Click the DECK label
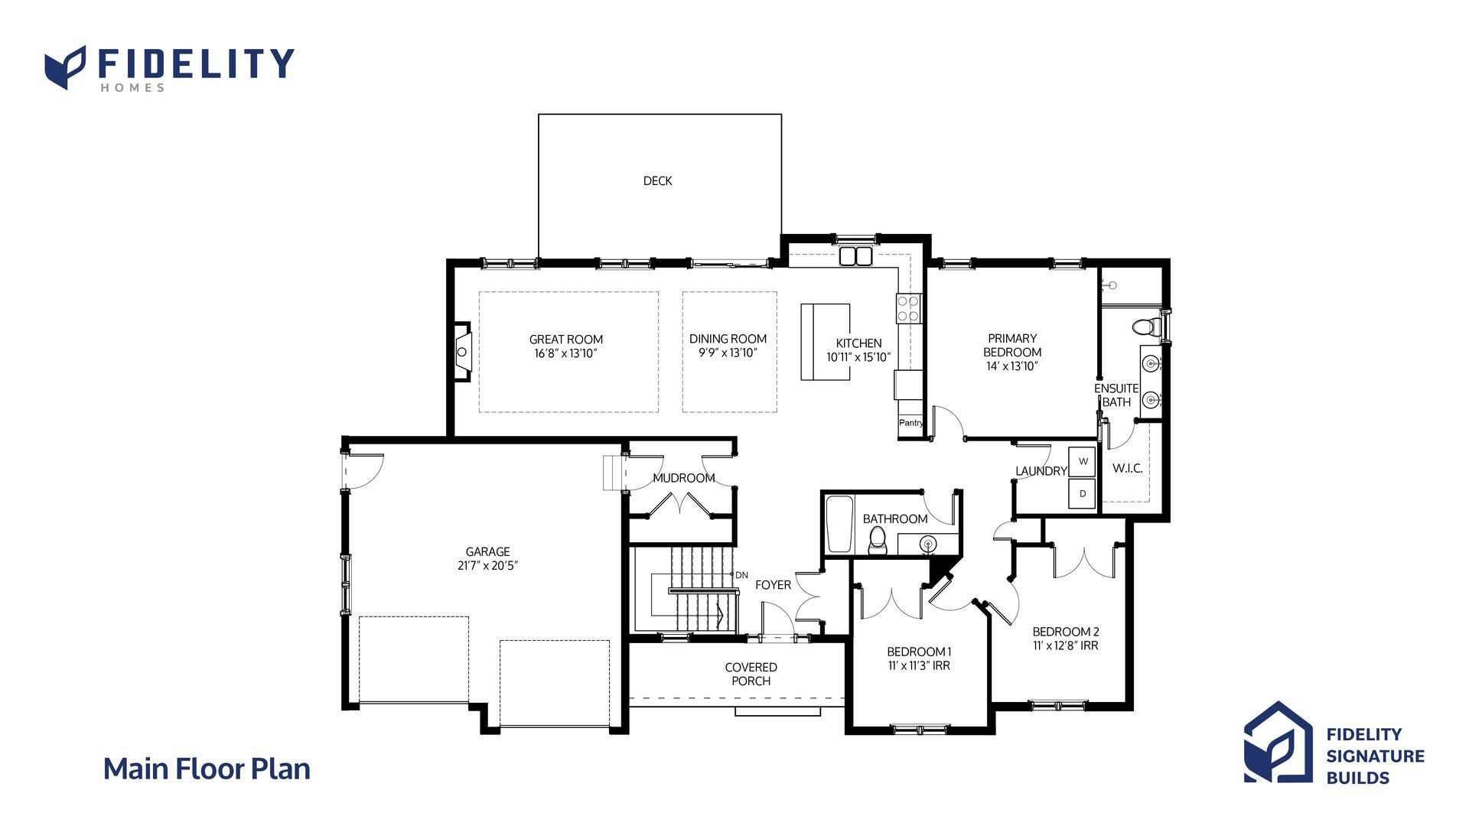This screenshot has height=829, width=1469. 657,180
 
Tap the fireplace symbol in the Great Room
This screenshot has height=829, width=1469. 462,352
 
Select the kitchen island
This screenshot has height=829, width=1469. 825,342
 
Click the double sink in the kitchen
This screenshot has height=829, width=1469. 856,255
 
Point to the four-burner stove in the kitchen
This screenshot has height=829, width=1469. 908,308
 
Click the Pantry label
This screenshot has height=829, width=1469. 910,423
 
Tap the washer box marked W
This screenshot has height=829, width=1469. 1083,462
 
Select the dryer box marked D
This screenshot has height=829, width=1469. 1083,494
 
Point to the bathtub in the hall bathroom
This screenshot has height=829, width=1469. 839,524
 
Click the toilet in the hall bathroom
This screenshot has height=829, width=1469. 877,541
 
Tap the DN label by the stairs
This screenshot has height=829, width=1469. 741,575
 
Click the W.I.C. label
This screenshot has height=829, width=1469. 1127,468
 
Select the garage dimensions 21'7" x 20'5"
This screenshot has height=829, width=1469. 488,566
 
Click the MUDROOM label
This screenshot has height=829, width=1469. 684,478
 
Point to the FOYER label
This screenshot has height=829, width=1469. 773,585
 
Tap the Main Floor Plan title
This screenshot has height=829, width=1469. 207,769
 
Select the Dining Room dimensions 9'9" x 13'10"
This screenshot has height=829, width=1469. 728,353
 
